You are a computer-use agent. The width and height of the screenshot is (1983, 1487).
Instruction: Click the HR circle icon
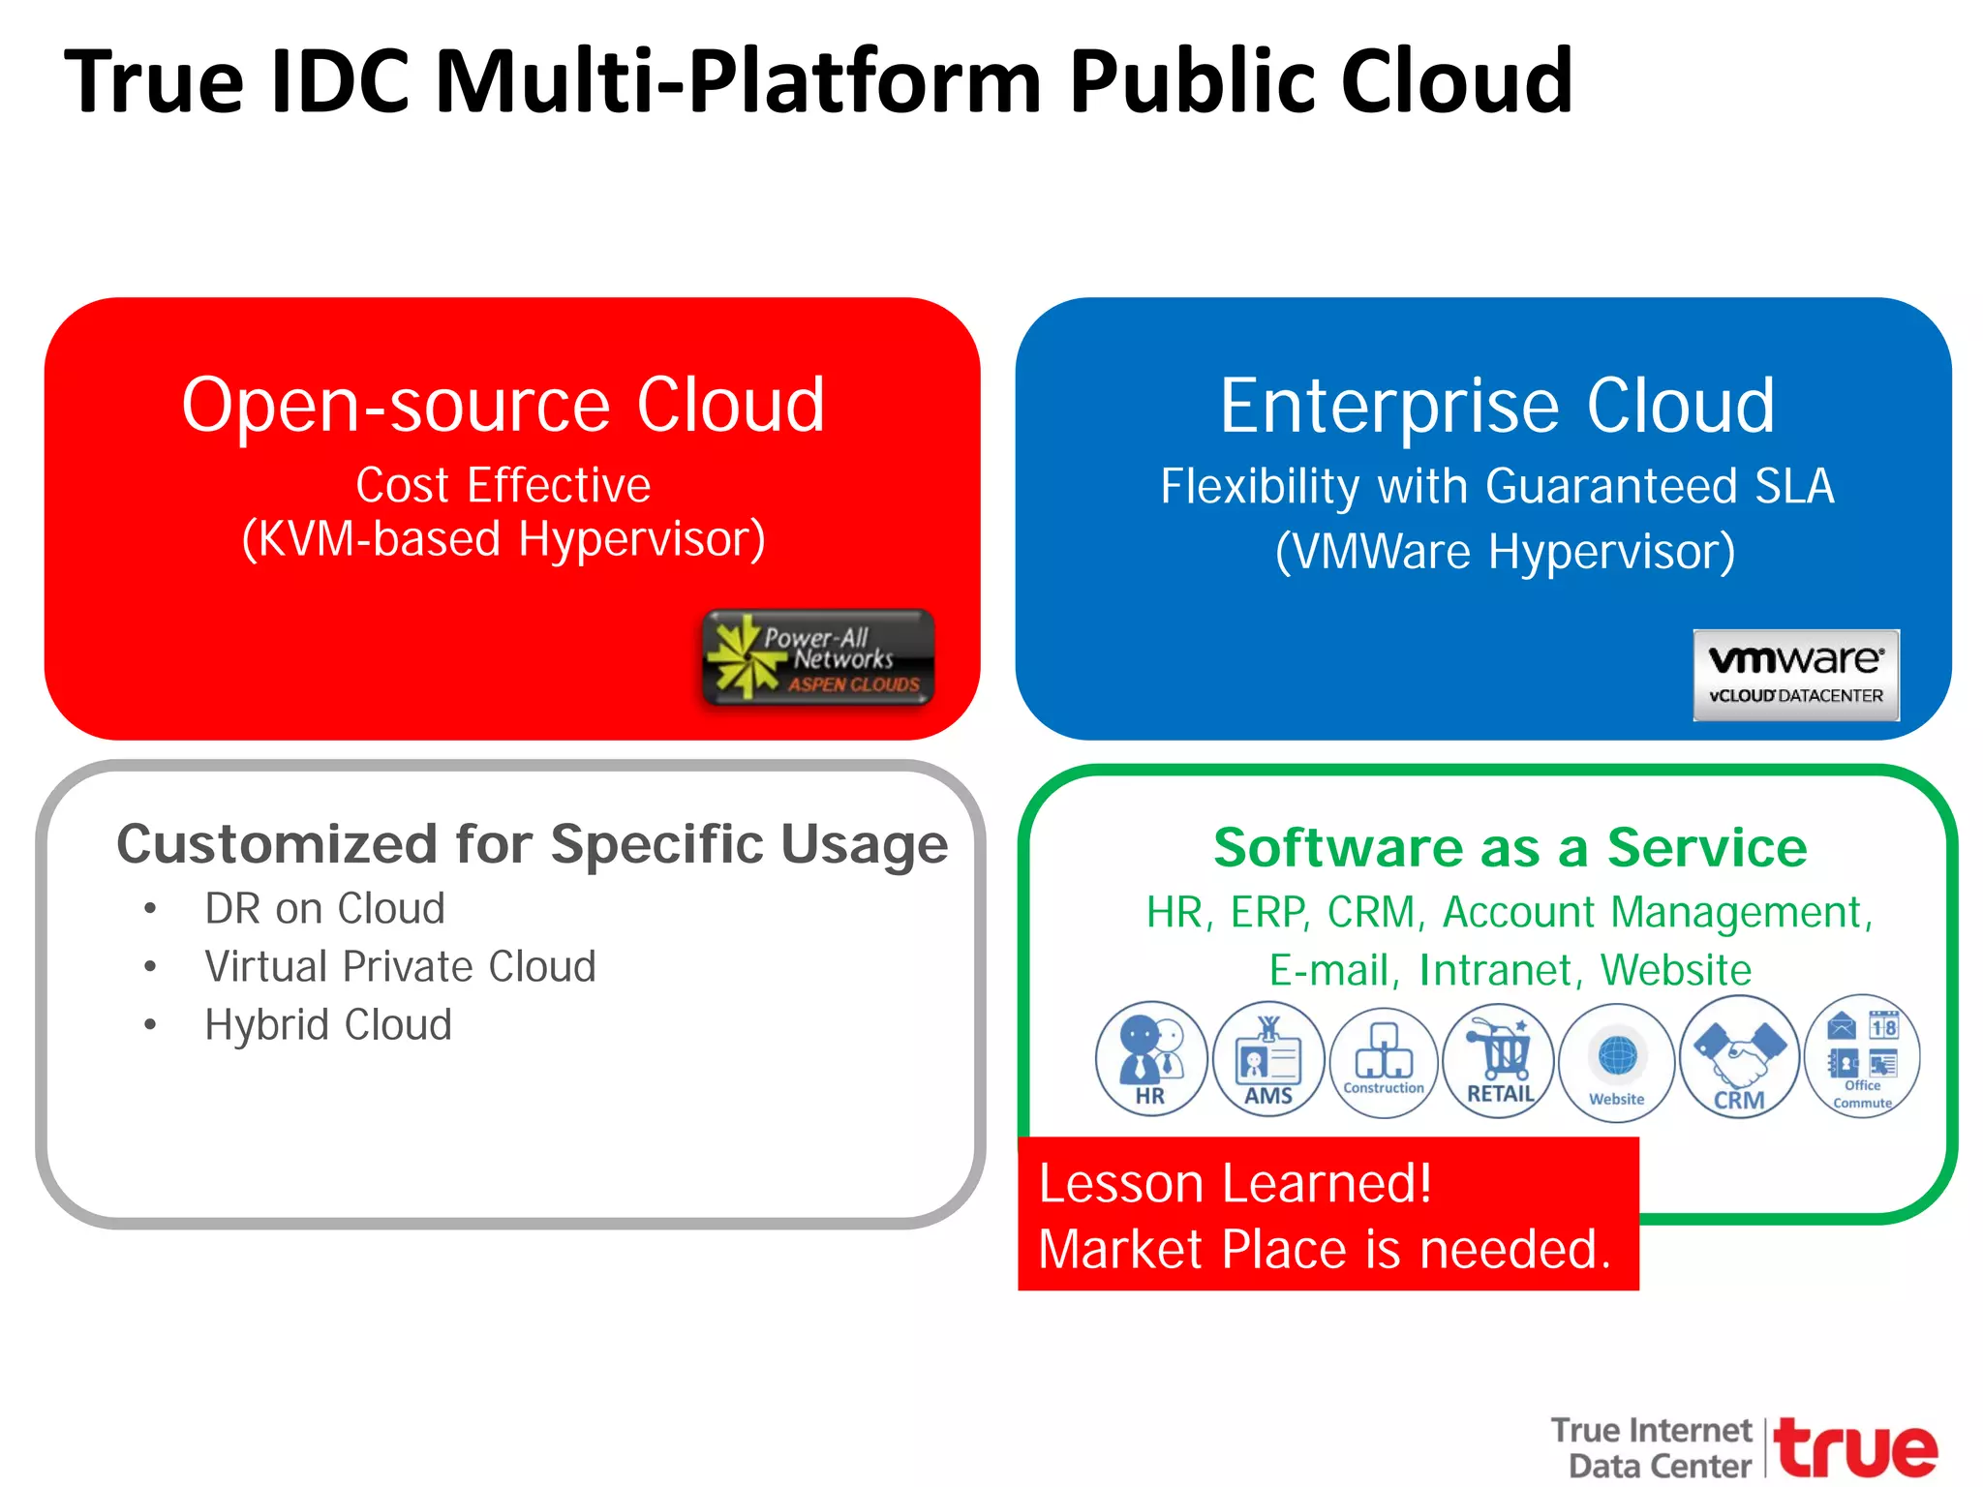tap(1151, 1059)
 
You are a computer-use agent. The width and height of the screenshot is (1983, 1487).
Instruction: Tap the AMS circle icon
tap(1268, 1059)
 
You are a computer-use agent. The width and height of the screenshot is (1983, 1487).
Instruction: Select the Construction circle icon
tap(1384, 1062)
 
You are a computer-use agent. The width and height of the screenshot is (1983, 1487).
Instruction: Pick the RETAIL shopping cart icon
tap(1499, 1060)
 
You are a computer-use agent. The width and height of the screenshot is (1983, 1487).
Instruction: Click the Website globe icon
tap(1617, 1062)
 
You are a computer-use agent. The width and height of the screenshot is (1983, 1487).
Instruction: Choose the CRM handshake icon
tap(1740, 1057)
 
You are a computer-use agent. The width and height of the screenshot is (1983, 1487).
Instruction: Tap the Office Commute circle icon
tap(1862, 1056)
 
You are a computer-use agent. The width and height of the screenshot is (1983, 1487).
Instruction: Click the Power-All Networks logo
tap(818, 658)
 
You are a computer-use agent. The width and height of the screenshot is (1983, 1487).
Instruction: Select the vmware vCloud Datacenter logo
tap(1796, 675)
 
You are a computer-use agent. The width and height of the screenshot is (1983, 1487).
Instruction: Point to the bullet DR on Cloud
tap(324, 909)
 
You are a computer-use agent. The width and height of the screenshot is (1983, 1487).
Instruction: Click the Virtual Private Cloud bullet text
tap(400, 967)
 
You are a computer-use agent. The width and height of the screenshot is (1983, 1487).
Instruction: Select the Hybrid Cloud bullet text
tap(328, 1025)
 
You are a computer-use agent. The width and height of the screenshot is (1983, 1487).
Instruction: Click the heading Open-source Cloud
tap(503, 405)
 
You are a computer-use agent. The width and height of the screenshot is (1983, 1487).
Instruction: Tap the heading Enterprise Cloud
tap(1497, 406)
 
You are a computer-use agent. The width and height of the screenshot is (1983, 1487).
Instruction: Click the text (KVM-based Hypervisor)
tap(503, 539)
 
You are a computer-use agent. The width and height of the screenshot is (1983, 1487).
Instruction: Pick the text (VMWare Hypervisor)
tap(1505, 552)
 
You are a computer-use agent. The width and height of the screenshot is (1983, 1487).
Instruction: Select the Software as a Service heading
tap(1510, 848)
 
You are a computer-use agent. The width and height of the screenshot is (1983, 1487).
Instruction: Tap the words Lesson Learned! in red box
tap(1235, 1183)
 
